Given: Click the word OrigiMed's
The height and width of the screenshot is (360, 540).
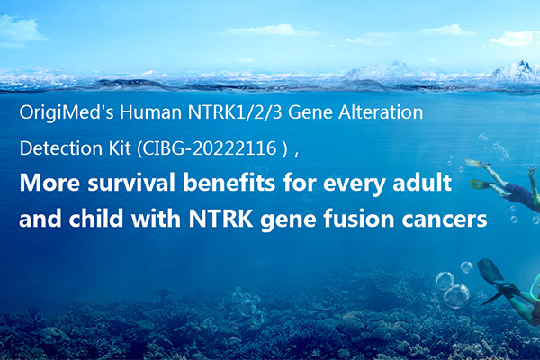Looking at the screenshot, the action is click(67, 113).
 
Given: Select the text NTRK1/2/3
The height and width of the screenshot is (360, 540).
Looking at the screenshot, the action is click(235, 112).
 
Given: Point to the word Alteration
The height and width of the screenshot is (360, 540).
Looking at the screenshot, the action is click(381, 112).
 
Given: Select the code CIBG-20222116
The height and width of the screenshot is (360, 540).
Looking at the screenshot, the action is click(210, 148).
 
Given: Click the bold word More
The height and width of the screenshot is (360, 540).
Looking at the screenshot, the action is click(49, 183).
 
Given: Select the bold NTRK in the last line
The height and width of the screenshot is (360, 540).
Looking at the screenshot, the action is click(220, 219).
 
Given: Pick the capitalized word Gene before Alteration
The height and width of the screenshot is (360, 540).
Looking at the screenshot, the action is click(310, 112).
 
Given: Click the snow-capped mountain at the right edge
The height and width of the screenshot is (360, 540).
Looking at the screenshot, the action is click(517, 72).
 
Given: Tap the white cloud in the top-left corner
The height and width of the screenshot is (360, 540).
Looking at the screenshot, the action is click(21, 30).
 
